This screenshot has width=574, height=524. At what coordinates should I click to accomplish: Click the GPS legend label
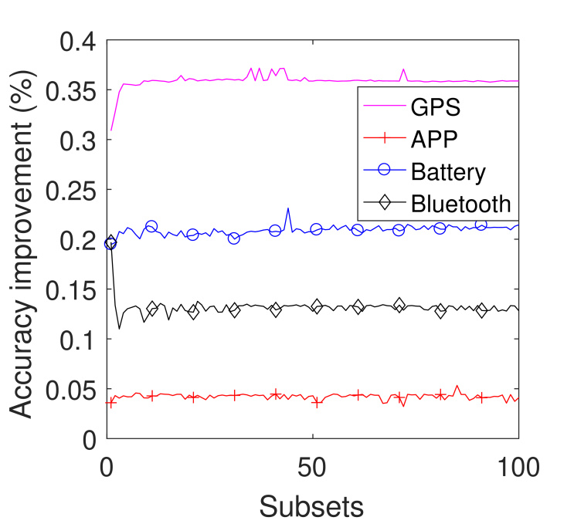(x=435, y=106)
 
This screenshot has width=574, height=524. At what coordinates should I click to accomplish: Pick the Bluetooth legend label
(x=461, y=204)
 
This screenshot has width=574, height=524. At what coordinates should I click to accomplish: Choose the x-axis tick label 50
(x=313, y=467)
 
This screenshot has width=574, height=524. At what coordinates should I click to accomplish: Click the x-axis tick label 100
(x=517, y=467)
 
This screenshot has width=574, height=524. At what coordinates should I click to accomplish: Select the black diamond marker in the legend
(x=383, y=204)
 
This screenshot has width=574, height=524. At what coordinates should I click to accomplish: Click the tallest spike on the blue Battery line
(x=288, y=208)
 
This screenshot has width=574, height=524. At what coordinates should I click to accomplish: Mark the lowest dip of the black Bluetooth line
(x=119, y=329)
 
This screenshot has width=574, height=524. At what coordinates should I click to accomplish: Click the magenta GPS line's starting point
(x=111, y=130)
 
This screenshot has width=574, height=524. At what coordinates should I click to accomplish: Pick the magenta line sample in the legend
(x=383, y=106)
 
